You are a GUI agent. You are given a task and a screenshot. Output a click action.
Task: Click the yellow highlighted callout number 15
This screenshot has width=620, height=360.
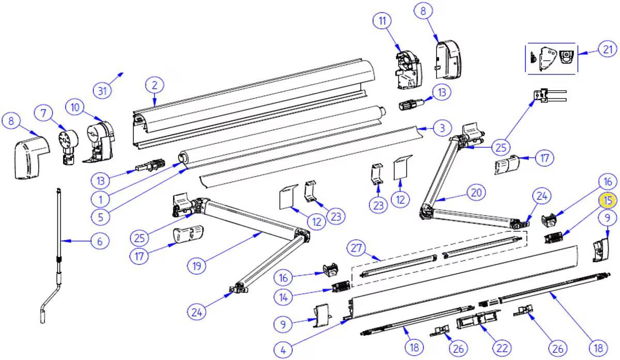tap(608, 200)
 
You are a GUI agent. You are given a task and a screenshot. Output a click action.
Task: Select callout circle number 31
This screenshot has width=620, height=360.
tap(102, 91)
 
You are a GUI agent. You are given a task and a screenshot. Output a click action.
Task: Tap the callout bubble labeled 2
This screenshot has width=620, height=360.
tap(154, 85)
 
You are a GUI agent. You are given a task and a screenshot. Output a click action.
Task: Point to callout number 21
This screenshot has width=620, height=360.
tap(607, 49)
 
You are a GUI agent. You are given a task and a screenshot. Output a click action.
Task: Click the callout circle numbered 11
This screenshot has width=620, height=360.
tap(382, 22)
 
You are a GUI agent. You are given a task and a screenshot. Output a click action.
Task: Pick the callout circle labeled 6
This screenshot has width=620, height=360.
tap(100, 241)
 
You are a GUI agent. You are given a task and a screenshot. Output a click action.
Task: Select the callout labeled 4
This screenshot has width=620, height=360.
tap(283, 350)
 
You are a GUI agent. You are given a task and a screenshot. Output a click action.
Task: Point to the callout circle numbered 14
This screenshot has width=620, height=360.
tap(283, 297)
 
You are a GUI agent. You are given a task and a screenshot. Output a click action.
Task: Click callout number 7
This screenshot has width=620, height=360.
tap(44, 112)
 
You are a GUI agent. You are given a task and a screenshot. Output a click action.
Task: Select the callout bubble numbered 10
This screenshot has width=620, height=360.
tap(75, 107)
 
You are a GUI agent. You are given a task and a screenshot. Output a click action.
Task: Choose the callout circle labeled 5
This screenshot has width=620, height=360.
tap(100, 216)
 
